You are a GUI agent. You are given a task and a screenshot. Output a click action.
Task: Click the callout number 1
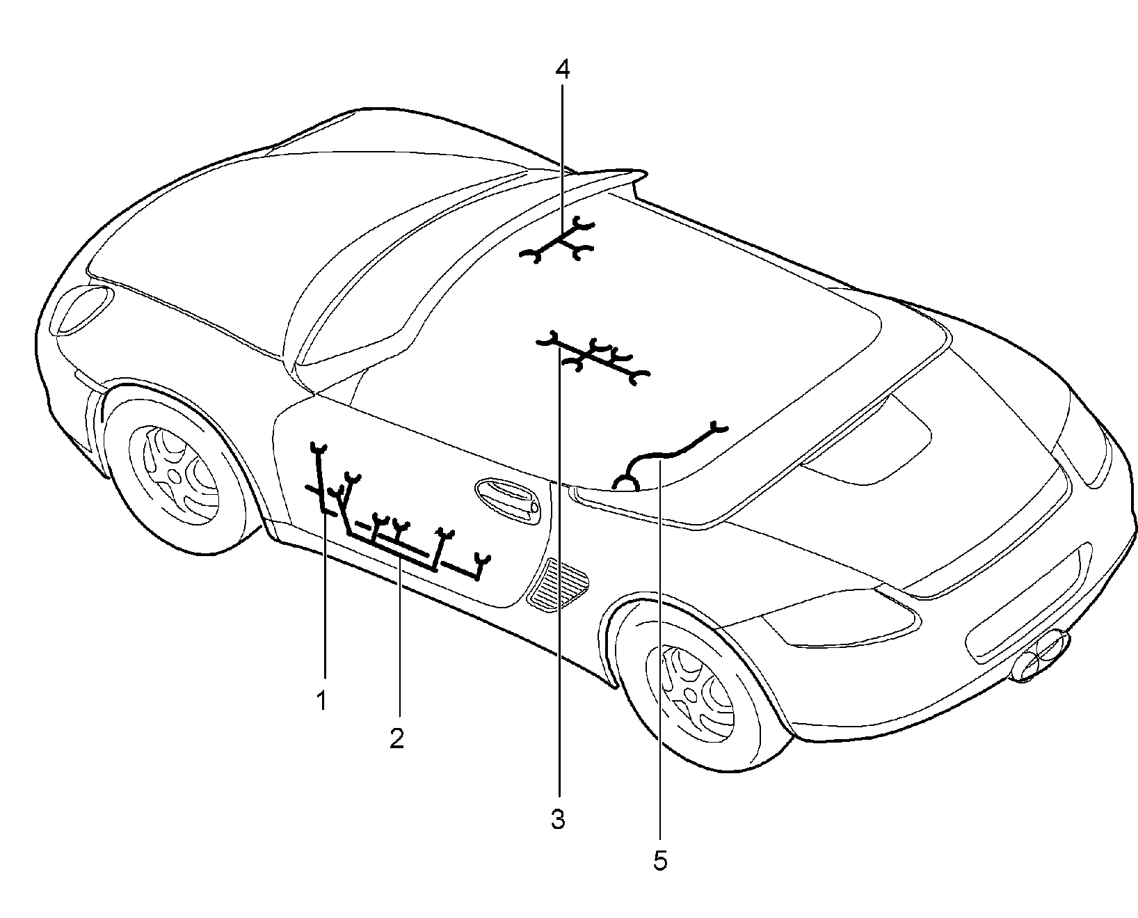tap(321, 700)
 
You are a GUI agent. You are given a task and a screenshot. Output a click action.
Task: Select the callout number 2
tap(396, 738)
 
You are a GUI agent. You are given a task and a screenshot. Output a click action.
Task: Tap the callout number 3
tap(558, 819)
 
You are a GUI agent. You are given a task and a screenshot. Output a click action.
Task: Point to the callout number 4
tap(563, 70)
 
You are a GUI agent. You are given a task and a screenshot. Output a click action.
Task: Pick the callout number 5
tap(661, 861)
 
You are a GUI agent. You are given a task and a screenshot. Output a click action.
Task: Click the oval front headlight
tap(85, 310)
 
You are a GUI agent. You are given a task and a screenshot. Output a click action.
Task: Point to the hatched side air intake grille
tap(559, 584)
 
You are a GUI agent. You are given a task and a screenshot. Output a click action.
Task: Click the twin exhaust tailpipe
tap(1040, 654)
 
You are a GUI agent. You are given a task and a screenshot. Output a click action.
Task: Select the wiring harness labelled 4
tap(559, 241)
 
